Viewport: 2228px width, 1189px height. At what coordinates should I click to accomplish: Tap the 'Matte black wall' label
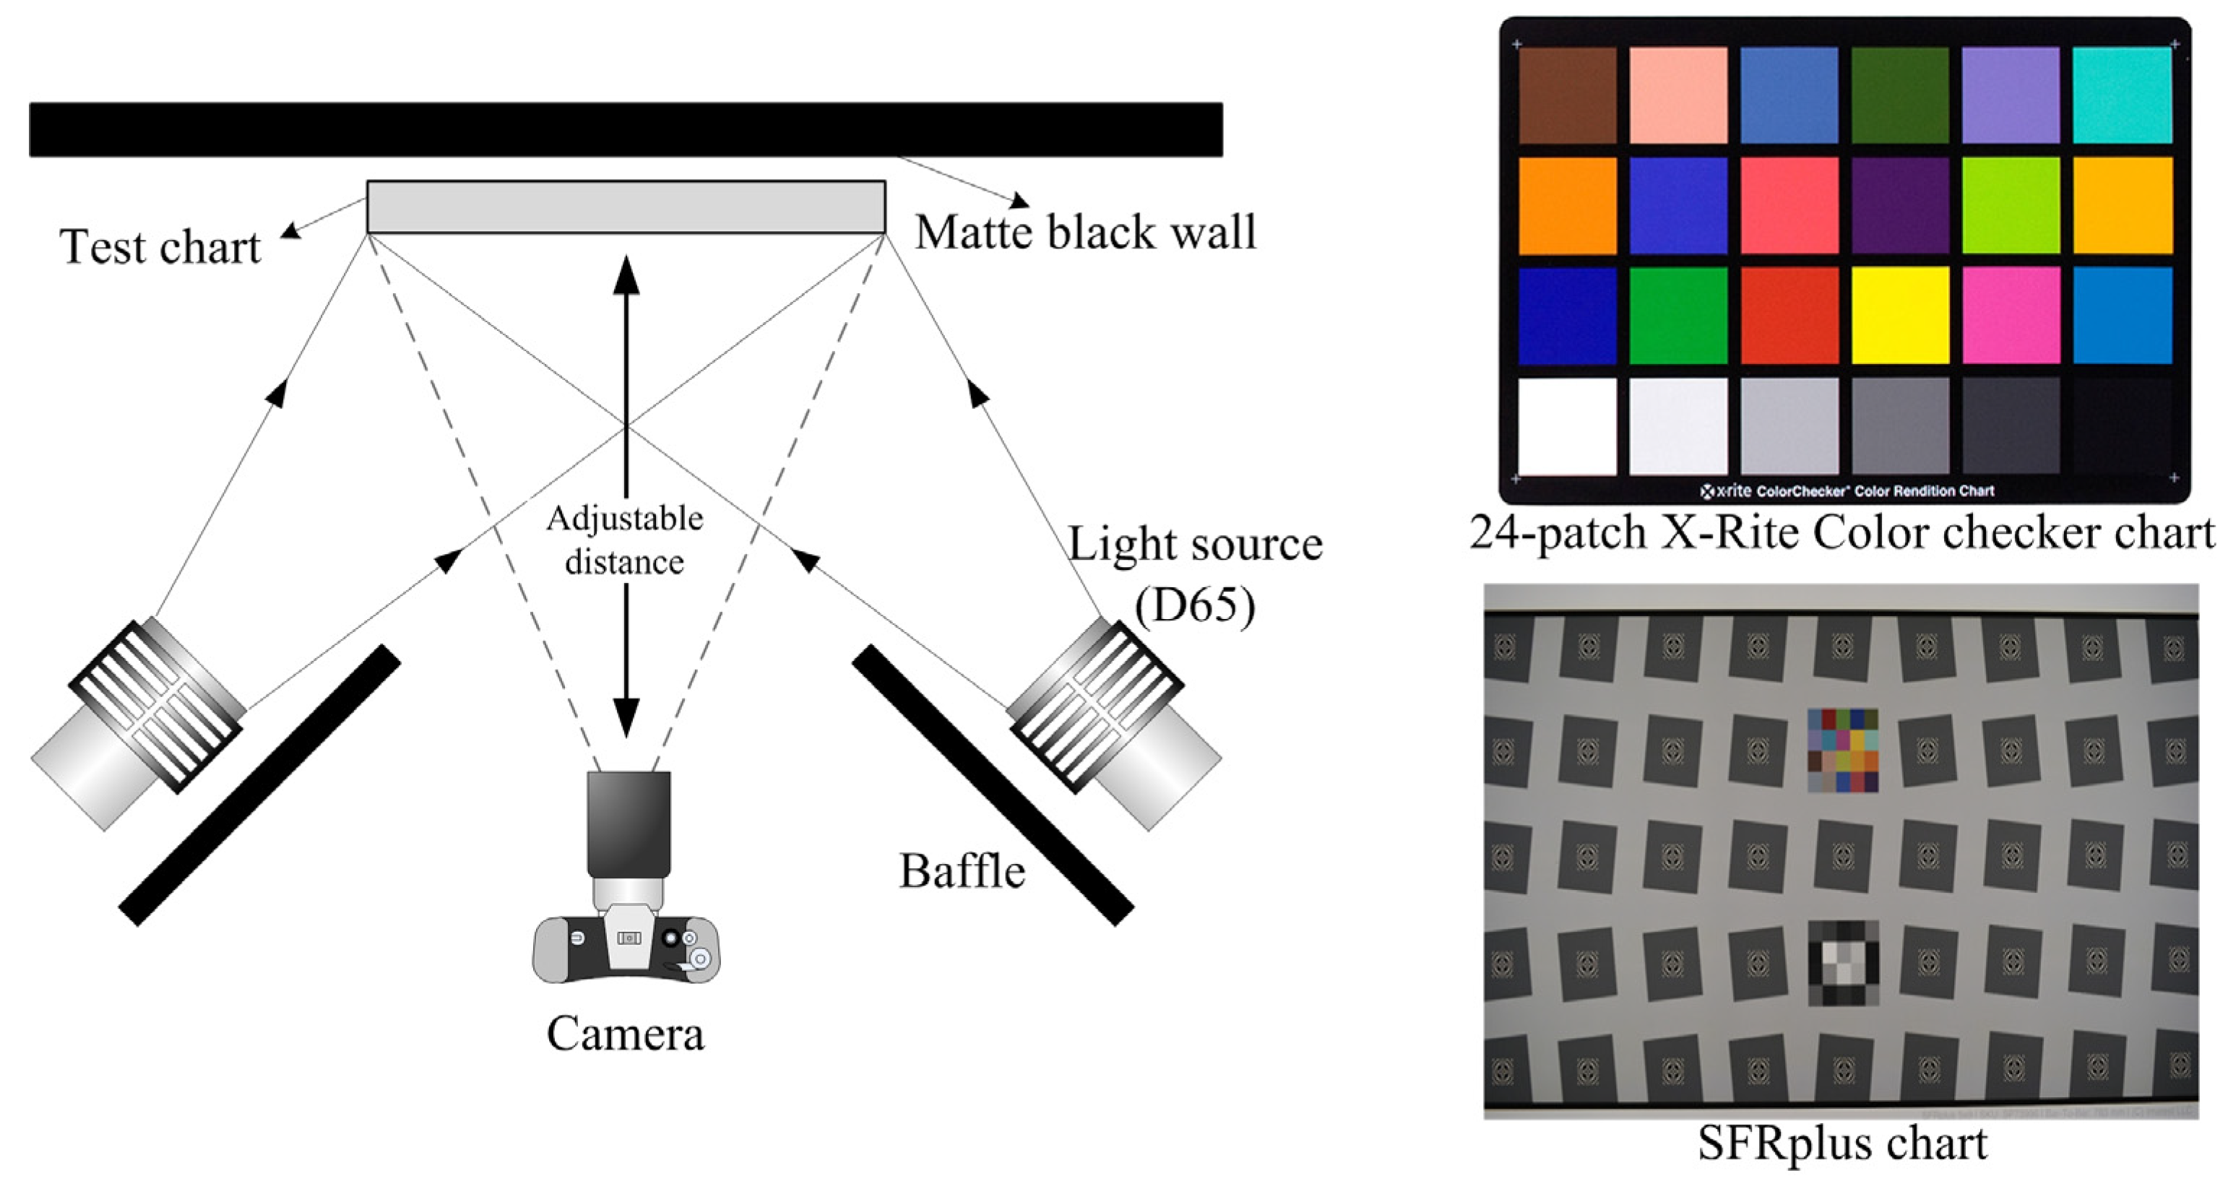[x=1084, y=233]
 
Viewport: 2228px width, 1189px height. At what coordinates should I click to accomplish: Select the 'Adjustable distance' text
[x=624, y=540]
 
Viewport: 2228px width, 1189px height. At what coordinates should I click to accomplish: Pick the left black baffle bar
[x=259, y=785]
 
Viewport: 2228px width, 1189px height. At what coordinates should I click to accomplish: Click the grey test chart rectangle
[x=626, y=207]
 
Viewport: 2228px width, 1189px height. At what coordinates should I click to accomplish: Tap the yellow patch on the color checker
[x=1900, y=316]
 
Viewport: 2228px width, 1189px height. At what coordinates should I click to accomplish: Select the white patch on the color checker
[x=1566, y=426]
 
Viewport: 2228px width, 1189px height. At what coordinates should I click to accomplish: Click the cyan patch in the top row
[x=2122, y=95]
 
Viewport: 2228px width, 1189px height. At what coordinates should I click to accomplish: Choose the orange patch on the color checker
[x=1566, y=206]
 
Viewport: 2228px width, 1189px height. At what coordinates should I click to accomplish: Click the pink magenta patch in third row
[x=2011, y=316]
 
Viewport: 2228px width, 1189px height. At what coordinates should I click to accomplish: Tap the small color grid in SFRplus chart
[x=1842, y=750]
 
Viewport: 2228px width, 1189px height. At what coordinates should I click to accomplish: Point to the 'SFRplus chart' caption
[x=1842, y=1143]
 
